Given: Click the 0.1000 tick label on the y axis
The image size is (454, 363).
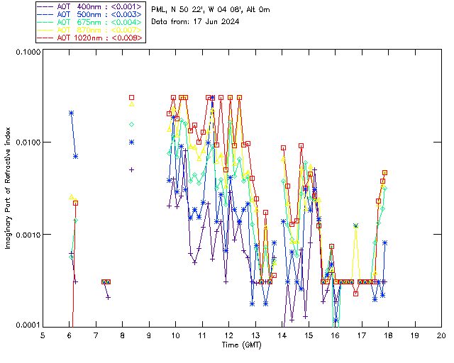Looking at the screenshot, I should point(27,53).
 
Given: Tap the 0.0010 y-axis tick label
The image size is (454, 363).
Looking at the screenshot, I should point(27,235).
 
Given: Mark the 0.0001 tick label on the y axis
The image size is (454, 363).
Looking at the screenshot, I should point(27,325).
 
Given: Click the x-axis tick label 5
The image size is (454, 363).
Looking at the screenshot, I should point(43,335).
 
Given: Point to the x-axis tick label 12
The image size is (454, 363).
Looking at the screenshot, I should point(228,335).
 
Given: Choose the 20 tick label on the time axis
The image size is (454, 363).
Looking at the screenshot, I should point(441,335).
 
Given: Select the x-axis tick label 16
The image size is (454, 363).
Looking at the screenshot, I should point(335,335).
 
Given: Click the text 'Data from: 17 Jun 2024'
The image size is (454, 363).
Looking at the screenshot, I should point(195,21).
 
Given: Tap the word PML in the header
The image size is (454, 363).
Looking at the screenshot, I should point(160,9).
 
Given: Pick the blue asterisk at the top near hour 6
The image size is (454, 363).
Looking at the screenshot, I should point(71,113).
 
